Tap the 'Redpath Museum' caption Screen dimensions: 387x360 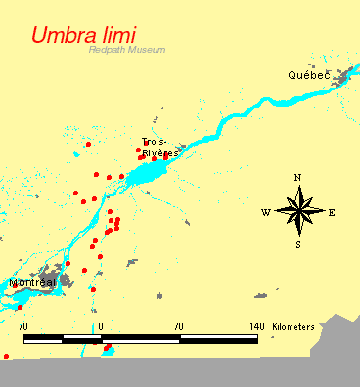125,50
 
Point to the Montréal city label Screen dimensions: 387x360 31,282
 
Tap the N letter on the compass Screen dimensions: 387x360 298,178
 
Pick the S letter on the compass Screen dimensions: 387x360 298,244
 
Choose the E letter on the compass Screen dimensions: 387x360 332,212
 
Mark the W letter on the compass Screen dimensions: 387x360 265,212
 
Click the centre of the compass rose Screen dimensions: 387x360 299,211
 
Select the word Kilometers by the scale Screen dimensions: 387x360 293,326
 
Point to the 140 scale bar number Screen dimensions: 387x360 257,326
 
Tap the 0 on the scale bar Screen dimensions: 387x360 102,326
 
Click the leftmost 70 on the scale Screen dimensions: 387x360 23,326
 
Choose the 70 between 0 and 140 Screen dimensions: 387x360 179,326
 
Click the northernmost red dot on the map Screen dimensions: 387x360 88,144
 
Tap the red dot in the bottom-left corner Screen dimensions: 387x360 7,356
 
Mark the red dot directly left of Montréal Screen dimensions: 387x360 19,308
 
